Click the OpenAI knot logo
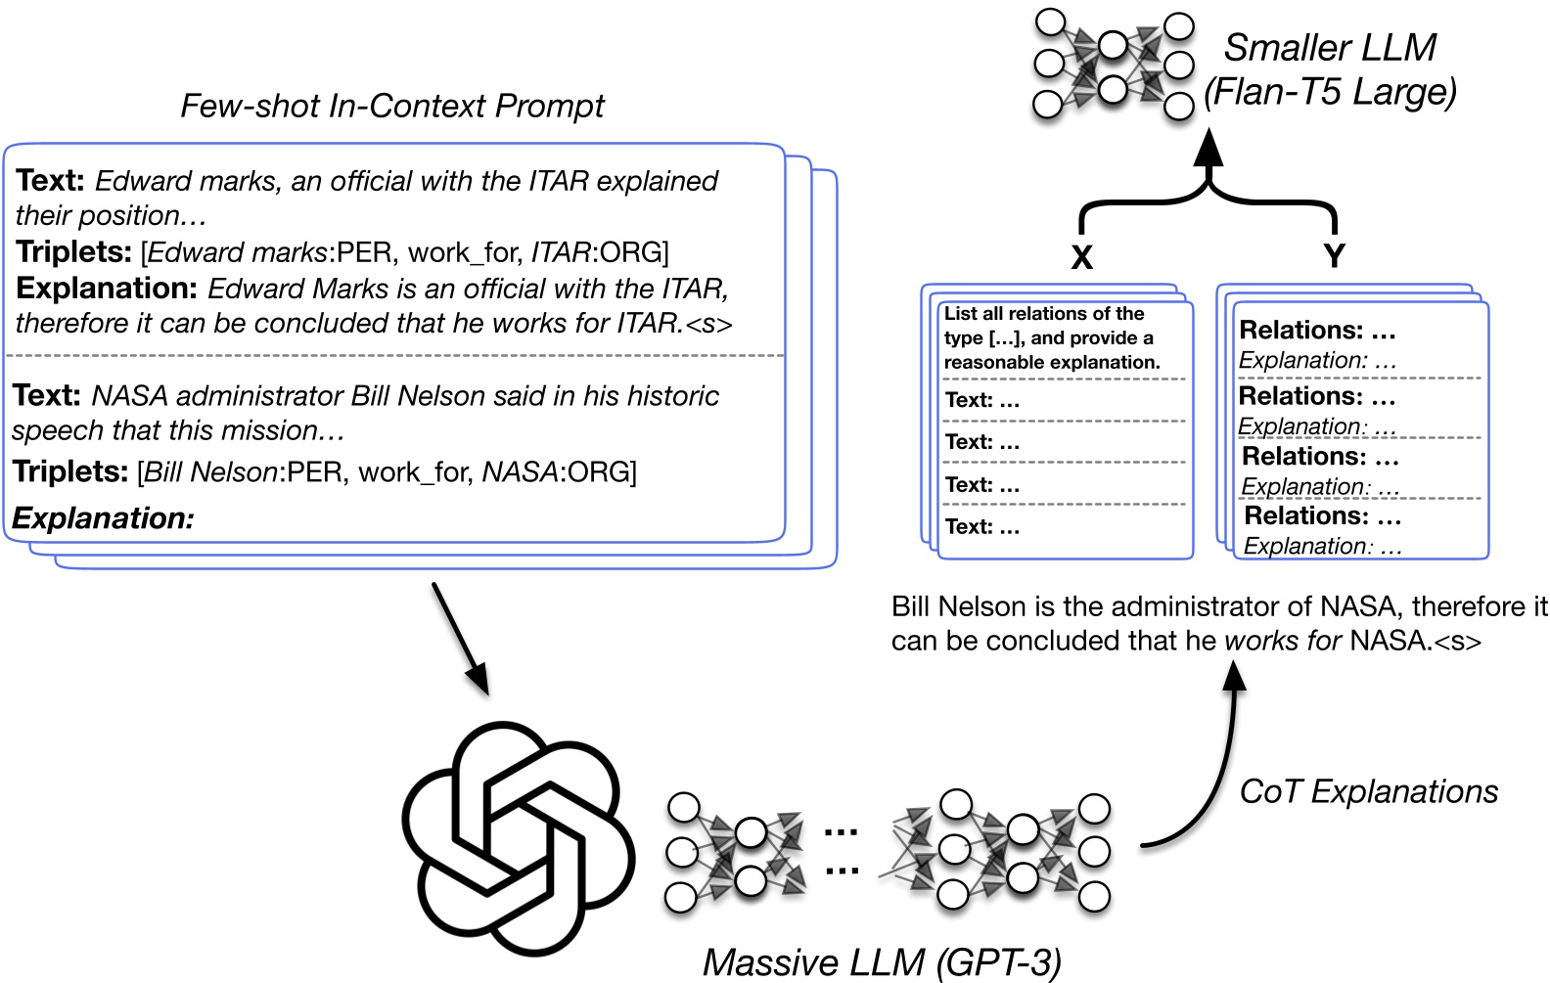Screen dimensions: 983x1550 click(x=519, y=838)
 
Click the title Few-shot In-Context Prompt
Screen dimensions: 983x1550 click(x=391, y=106)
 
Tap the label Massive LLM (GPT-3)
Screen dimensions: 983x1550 click(x=881, y=962)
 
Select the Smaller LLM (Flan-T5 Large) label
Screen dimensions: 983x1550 click(x=1330, y=69)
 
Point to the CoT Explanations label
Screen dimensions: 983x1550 click(x=1368, y=791)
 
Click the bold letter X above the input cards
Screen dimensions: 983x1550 click(x=1081, y=257)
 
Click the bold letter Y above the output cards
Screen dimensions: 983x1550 click(x=1333, y=256)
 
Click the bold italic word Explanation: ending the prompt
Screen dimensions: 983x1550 click(x=103, y=518)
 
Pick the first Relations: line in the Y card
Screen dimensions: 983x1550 click(x=1316, y=331)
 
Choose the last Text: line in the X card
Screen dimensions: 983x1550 click(x=981, y=527)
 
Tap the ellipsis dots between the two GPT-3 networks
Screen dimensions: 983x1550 click(x=841, y=850)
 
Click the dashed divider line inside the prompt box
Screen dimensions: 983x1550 click(x=395, y=356)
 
